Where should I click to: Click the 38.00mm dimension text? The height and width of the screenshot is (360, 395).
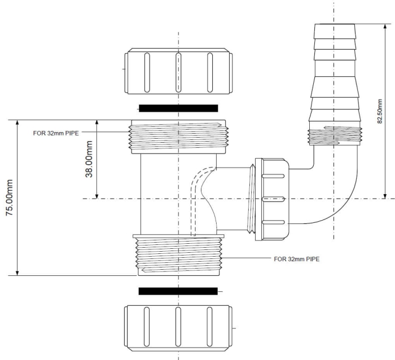pyautogui.click(x=89, y=159)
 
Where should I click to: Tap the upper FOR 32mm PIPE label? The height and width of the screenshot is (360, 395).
pyautogui.click(x=56, y=133)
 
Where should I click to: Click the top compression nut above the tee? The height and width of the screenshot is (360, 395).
pyautogui.click(x=178, y=71)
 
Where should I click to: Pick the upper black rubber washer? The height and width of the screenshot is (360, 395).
pyautogui.click(x=178, y=108)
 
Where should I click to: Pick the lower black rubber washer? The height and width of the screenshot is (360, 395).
pyautogui.click(x=178, y=291)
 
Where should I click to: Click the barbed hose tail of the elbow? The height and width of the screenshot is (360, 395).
pyautogui.click(x=334, y=73)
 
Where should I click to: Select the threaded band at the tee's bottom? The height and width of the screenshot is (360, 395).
pyautogui.click(x=178, y=254)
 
